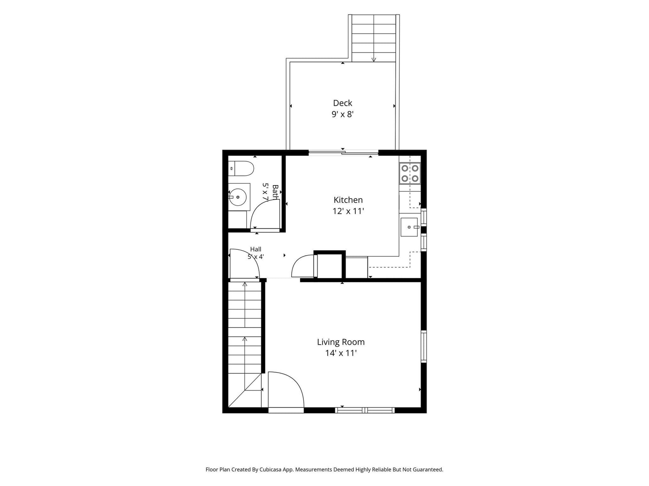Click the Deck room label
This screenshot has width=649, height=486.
(342, 103)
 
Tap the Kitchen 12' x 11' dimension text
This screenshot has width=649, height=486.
(348, 211)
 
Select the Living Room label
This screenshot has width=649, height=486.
(341, 342)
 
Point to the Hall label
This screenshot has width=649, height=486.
(256, 249)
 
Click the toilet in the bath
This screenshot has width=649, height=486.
(241, 169)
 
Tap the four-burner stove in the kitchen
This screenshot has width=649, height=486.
(410, 173)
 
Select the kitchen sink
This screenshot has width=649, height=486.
(409, 227)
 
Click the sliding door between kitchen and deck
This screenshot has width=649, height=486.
(344, 153)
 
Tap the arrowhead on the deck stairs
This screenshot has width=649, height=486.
(374, 59)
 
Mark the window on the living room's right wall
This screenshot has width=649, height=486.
(424, 346)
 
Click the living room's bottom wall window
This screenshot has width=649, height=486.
(365, 410)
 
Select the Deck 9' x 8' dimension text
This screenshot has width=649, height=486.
(343, 114)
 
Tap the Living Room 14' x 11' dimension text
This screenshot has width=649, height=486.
(341, 353)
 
